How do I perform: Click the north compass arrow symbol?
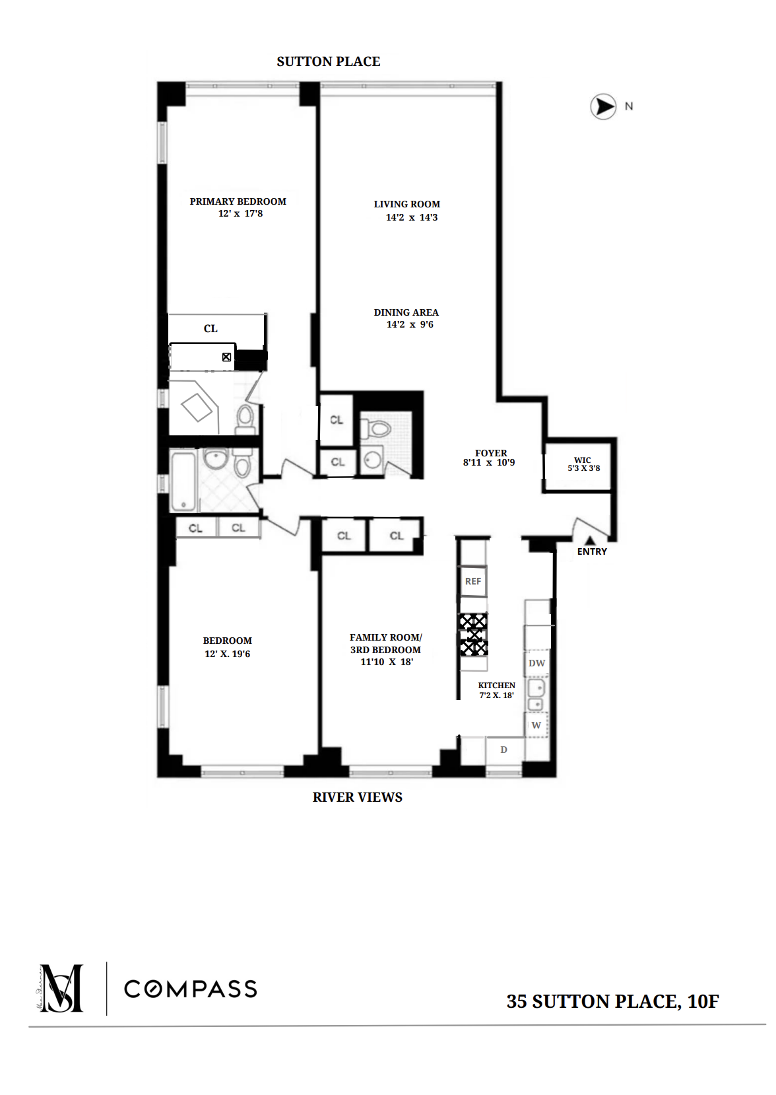(x=602, y=106)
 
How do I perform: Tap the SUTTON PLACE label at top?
(x=328, y=62)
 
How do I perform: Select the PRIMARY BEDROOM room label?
(x=238, y=201)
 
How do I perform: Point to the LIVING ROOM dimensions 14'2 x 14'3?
(x=412, y=217)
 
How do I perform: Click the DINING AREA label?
(x=406, y=312)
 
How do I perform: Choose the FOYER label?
(x=491, y=453)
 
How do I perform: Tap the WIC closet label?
(x=583, y=460)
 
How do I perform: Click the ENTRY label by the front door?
(x=592, y=551)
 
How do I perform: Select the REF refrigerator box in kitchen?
(x=473, y=581)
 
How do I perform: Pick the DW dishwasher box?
(x=537, y=663)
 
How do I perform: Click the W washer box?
(x=536, y=725)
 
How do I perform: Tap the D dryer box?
(x=504, y=750)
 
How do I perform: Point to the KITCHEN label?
(x=497, y=686)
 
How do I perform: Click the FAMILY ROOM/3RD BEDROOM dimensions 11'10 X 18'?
(x=387, y=662)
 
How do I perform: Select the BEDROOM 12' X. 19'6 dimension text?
(x=228, y=654)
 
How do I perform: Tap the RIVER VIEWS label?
(x=357, y=797)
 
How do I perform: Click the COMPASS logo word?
(x=191, y=989)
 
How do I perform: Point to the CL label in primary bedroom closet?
(x=210, y=328)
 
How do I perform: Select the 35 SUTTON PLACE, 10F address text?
(x=612, y=1001)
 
